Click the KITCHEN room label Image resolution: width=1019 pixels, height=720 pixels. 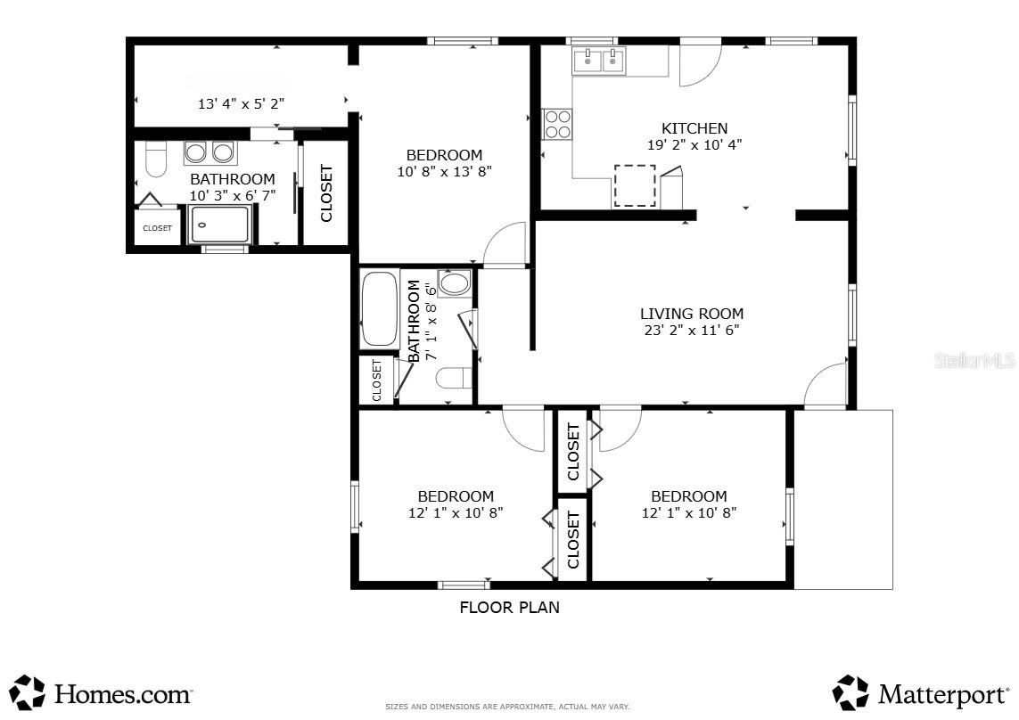click(x=694, y=128)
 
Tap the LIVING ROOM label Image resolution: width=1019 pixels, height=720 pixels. click(x=692, y=313)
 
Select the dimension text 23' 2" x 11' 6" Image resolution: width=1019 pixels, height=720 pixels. click(x=692, y=330)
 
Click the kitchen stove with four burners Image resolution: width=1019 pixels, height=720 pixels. click(x=557, y=124)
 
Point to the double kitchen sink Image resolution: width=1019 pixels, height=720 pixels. click(x=598, y=61)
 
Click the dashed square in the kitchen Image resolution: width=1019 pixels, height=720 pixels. click(x=635, y=186)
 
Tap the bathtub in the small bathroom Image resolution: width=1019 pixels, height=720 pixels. click(x=380, y=309)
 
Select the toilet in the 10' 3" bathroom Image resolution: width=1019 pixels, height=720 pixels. click(x=156, y=159)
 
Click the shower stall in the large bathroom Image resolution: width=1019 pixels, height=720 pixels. click(x=219, y=225)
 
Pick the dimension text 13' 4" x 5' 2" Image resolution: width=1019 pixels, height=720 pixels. click(x=241, y=104)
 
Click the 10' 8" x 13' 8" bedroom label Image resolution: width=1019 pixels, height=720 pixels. click(x=445, y=163)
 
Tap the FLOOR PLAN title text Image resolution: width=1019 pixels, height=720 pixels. click(x=510, y=608)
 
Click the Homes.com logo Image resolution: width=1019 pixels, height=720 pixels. click(x=101, y=692)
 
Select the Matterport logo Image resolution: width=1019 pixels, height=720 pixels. click(x=920, y=692)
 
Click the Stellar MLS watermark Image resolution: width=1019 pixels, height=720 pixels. click(x=974, y=360)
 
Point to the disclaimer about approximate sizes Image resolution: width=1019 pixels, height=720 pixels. click(x=507, y=707)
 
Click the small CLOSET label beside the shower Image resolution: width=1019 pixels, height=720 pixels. click(x=157, y=228)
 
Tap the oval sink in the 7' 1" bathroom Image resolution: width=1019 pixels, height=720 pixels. click(x=454, y=283)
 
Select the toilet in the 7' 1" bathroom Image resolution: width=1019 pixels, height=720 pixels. click(x=454, y=378)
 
